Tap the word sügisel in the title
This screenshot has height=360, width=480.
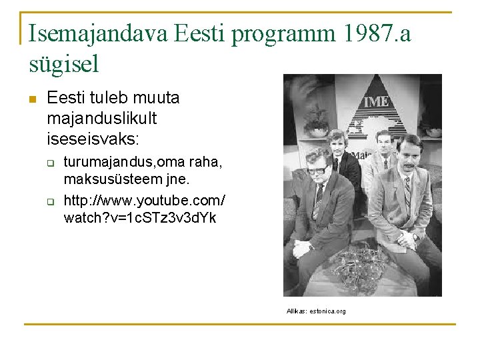tap(64, 64)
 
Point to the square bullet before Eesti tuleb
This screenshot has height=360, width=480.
tap(31, 99)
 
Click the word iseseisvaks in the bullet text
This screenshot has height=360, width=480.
tap(93, 140)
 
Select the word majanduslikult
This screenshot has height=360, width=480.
tap(102, 119)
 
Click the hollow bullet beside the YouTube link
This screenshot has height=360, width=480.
tap(49, 201)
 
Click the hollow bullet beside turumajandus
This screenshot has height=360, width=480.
tap(49, 163)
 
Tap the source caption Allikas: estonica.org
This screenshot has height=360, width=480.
tap(316, 311)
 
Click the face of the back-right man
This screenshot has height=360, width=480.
tap(383, 143)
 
